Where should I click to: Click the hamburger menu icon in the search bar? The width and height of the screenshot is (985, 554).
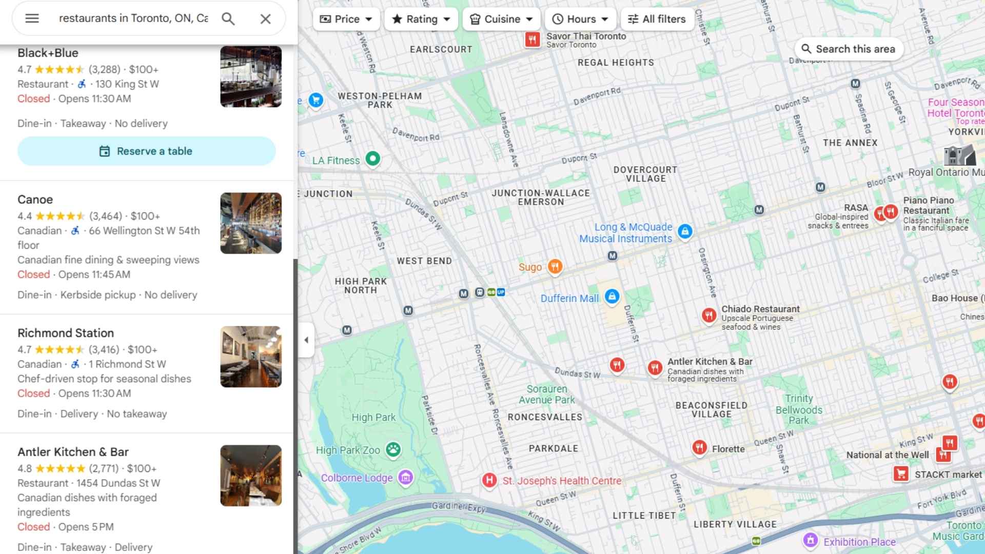click(32, 18)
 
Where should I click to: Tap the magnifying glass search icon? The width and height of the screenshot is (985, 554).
click(228, 19)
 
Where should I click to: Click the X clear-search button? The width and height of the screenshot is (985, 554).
click(265, 19)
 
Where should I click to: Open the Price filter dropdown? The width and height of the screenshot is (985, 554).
click(346, 19)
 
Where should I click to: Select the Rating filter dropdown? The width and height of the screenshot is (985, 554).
click(421, 19)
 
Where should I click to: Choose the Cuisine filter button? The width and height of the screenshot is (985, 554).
click(501, 19)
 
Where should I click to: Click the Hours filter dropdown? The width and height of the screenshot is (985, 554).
click(580, 19)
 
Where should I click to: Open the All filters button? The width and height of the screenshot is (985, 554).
click(657, 19)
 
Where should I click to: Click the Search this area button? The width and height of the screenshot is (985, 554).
click(849, 49)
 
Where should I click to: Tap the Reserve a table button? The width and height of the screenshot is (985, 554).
click(147, 151)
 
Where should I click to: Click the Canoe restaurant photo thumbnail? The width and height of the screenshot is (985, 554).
click(251, 223)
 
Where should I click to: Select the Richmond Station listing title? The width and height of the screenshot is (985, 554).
click(66, 333)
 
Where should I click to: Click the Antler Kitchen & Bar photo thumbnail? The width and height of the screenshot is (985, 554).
click(251, 476)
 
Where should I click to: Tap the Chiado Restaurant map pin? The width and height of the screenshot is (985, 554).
click(709, 315)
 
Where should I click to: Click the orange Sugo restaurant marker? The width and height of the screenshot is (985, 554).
click(555, 266)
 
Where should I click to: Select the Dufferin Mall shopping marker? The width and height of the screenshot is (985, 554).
click(612, 296)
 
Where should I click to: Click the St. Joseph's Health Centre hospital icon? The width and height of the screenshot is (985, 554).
click(489, 481)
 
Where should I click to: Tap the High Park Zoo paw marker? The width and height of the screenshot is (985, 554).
click(393, 450)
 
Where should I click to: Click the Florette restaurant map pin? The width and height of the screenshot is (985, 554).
click(699, 447)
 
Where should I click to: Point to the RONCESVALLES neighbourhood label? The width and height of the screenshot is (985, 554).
click(545, 417)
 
